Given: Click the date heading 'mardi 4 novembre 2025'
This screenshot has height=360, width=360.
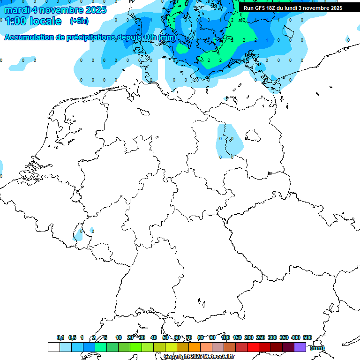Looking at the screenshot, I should tap(55, 10).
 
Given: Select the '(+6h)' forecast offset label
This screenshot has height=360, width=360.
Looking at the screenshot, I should tap(79, 21).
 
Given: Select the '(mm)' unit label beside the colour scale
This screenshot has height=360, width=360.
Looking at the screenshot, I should tap(317, 348).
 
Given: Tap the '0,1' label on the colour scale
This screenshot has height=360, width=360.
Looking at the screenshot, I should tap(60, 337).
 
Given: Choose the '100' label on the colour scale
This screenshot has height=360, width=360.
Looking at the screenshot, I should tap(225, 337).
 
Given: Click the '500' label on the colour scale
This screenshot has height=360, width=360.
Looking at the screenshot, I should tap(307, 337).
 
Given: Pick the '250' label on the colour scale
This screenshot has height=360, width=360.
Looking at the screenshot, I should tap(261, 337).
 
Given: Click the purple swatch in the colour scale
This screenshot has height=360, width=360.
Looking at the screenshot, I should tap(300, 347).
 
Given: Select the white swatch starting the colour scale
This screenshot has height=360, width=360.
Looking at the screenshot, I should tap(53, 347).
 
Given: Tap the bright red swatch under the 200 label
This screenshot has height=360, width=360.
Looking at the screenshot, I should tap(253, 347).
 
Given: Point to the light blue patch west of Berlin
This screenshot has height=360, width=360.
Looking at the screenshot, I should tap(229, 141).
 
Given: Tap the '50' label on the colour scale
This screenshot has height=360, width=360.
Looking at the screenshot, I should tap(165, 337).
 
